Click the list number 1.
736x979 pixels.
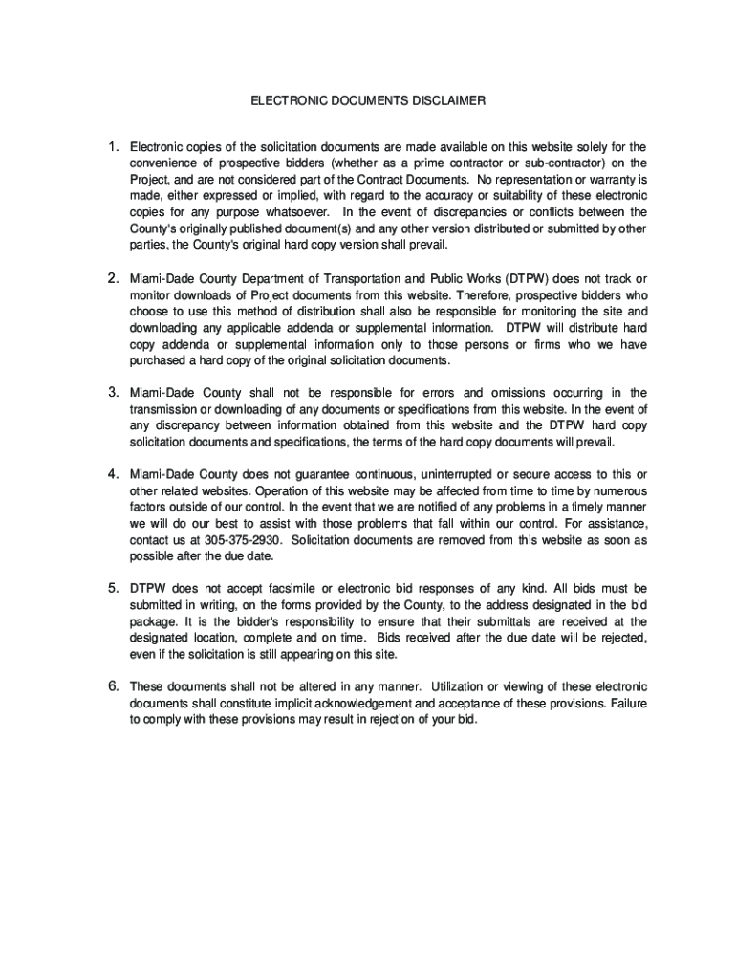coord(112,146)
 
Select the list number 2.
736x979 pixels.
coord(112,277)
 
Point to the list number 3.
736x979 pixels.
coord(112,391)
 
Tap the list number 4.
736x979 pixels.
coord(112,473)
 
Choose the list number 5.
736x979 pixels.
coord(112,586)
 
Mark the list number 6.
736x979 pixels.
coord(112,685)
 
